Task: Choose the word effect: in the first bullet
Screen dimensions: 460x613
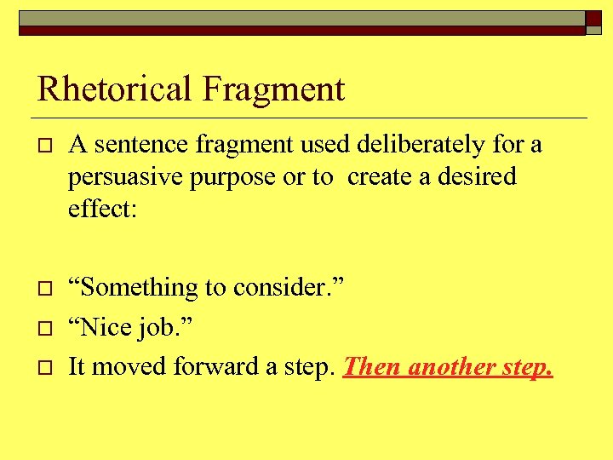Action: [x=102, y=209]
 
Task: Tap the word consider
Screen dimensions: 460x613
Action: [x=282, y=289]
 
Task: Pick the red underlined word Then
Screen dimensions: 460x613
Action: [x=372, y=366]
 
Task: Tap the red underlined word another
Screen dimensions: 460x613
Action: [x=453, y=366]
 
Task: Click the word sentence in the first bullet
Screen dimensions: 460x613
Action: [x=141, y=145]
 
